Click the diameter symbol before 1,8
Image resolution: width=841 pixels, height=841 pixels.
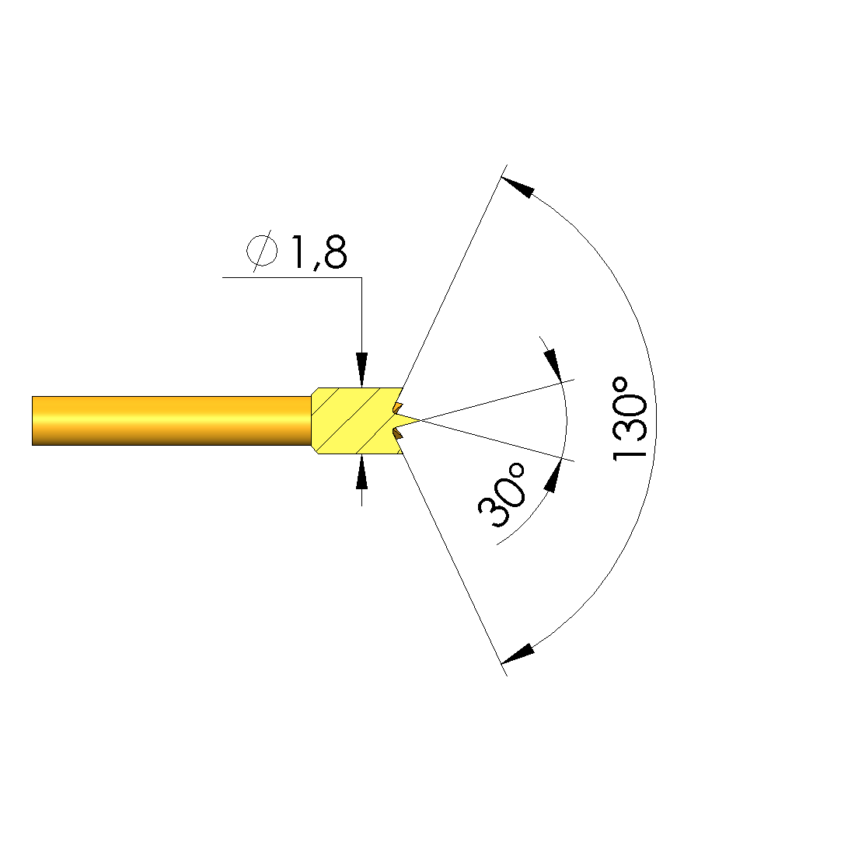pyautogui.click(x=262, y=251)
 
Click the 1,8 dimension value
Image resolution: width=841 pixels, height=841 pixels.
pyautogui.click(x=319, y=252)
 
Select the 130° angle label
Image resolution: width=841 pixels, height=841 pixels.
pyautogui.click(x=629, y=419)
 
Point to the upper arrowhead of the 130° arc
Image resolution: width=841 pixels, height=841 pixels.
pyautogui.click(x=518, y=186)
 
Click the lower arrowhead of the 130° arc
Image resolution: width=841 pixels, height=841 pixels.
pyautogui.click(x=518, y=654)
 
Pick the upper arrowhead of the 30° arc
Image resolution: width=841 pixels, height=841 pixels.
pyautogui.click(x=553, y=365)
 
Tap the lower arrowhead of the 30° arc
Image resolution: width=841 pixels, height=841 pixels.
pyautogui.click(x=553, y=475)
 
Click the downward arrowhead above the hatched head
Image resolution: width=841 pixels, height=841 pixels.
pyautogui.click(x=361, y=370)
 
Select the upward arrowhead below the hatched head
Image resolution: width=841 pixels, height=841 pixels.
pyautogui.click(x=361, y=471)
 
